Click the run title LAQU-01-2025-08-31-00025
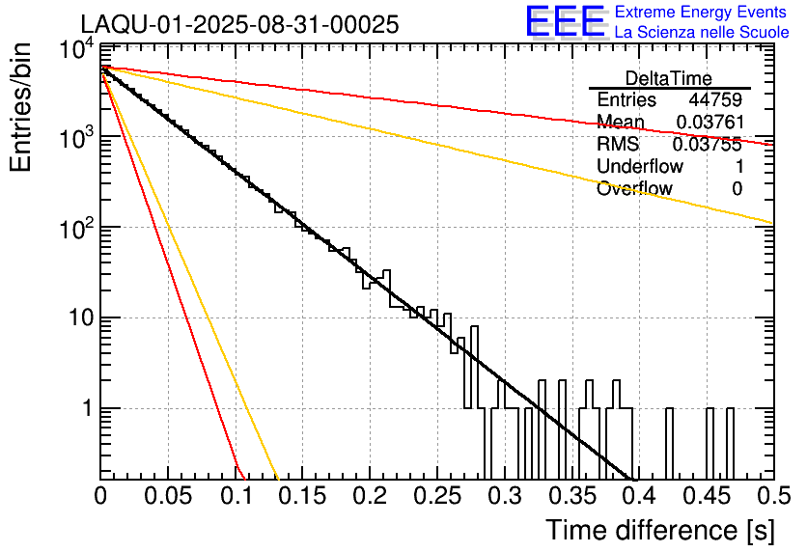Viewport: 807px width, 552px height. [x=239, y=25]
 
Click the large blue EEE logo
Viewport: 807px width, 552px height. [x=564, y=21]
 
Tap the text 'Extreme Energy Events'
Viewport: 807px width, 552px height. [x=701, y=13]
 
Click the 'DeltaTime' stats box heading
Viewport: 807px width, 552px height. [x=669, y=78]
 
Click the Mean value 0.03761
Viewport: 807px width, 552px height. [x=709, y=123]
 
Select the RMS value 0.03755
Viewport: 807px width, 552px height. [x=709, y=145]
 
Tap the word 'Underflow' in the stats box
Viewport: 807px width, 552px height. [x=640, y=167]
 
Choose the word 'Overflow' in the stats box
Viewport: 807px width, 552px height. [x=634, y=189]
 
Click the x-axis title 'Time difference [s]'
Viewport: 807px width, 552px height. [x=659, y=530]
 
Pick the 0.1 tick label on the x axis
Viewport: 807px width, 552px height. [x=235, y=496]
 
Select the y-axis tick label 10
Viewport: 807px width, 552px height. [x=76, y=318]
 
